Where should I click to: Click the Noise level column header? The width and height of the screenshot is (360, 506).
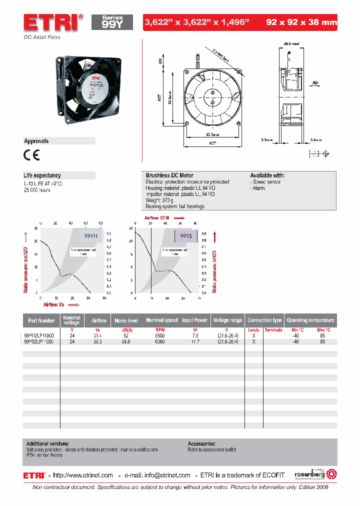point(126,320)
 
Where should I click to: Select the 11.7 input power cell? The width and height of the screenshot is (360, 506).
point(194,342)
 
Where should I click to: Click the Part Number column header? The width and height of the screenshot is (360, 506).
point(41,320)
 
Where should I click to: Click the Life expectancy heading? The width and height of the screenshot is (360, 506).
point(42,175)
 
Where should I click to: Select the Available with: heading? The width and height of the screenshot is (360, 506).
point(267,176)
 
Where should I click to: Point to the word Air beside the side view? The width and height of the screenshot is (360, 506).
point(315,82)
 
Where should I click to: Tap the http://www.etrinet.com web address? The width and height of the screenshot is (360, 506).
point(83,475)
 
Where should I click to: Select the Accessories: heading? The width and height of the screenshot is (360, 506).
point(201,443)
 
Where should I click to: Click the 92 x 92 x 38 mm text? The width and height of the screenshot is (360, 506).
point(301,22)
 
